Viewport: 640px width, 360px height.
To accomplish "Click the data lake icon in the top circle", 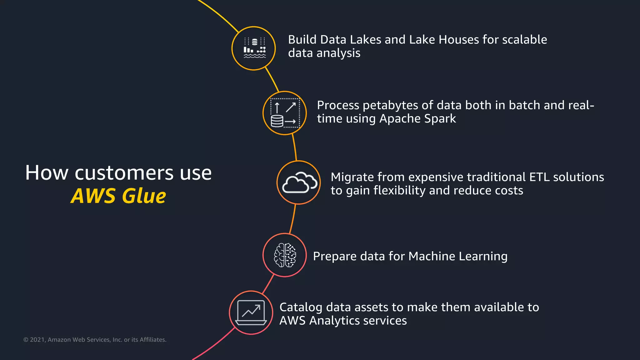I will click(x=254, y=48).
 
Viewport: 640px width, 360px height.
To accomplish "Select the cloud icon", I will click(x=299, y=182).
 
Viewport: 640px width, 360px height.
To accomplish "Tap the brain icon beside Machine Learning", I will click(x=285, y=255).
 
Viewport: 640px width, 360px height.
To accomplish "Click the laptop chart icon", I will click(x=251, y=312).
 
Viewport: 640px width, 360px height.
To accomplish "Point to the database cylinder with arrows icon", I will click(x=284, y=113).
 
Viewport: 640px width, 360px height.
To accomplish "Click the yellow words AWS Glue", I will click(x=118, y=196).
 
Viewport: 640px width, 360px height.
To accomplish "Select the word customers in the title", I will click(x=124, y=173).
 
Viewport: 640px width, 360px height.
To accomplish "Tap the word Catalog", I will click(x=301, y=307).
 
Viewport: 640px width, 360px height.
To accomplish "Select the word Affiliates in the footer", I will click(x=153, y=340).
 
